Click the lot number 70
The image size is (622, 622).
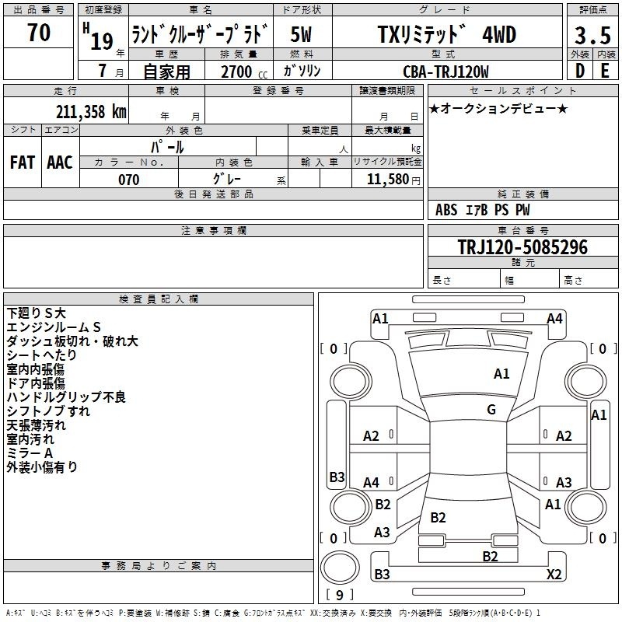[38, 33]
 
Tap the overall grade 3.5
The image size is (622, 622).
[592, 36]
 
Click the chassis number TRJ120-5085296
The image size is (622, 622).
[522, 248]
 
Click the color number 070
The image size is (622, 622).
[128, 180]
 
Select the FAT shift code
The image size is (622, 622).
[22, 162]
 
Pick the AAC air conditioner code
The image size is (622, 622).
[59, 162]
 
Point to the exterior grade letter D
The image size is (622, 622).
[578, 72]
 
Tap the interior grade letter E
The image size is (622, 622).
[605, 72]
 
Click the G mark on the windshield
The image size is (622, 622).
[491, 410]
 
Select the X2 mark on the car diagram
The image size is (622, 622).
[554, 575]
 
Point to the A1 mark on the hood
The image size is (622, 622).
[501, 374]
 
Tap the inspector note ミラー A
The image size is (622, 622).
[30, 453]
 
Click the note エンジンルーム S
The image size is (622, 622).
[54, 327]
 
